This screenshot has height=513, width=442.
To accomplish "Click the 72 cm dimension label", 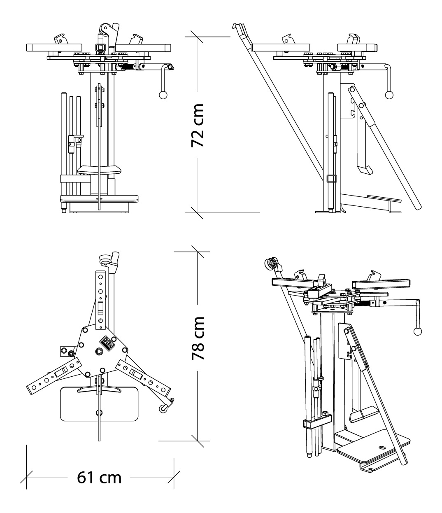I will click(199, 125).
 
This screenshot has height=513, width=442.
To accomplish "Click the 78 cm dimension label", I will click(199, 338).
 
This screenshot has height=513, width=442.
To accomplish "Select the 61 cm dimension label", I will click(100, 478).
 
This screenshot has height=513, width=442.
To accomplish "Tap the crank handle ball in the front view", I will click(163, 95).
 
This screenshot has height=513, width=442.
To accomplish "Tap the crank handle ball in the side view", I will click(389, 95).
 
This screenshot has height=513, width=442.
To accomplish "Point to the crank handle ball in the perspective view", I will click(418, 331).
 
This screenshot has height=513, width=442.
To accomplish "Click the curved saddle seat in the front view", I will click(100, 169).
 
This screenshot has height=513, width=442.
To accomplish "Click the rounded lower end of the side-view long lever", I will click(416, 205).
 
